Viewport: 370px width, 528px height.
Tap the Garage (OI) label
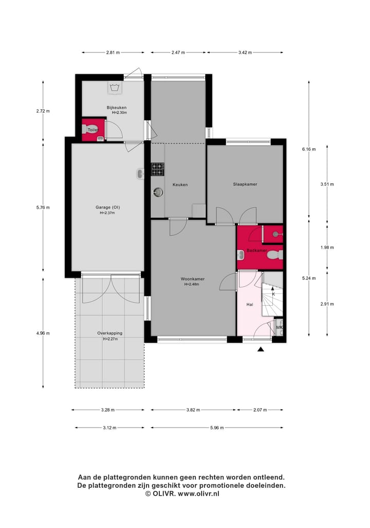coord(107,207)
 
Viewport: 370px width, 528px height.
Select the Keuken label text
coord(180,185)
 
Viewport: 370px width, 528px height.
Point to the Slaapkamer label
coord(245,184)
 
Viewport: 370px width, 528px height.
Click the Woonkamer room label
coord(192,279)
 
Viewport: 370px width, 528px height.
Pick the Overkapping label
coord(109,333)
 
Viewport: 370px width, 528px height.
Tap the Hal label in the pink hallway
coord(250,305)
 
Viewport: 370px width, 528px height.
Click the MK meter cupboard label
coord(280,327)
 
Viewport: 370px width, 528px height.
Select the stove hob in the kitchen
coord(157,167)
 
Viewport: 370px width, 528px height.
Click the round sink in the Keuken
coord(158,192)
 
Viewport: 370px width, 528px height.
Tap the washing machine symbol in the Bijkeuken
coord(114,87)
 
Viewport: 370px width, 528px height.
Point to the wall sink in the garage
coord(140,174)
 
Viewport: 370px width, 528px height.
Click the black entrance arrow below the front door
coord(261,350)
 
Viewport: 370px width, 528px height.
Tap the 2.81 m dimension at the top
coord(113,52)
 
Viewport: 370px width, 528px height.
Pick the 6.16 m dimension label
coord(308,149)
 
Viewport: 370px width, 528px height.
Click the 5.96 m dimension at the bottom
coord(216,428)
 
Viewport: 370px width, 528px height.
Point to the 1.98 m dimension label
coord(327,248)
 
